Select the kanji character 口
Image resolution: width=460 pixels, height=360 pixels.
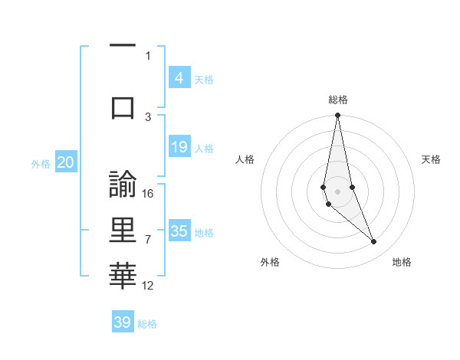point(123,107)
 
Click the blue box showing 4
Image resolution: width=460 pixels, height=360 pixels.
point(179,77)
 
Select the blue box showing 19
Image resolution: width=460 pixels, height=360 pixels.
point(179,147)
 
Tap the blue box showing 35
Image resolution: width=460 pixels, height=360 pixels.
point(179,231)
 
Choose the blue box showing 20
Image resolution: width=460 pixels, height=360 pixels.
point(66,162)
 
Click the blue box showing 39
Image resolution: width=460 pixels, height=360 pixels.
point(123,322)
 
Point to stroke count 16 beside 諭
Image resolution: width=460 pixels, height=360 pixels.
point(149,193)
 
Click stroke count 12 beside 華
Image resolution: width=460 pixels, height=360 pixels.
point(149,286)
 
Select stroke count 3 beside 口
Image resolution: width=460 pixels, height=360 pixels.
point(148,116)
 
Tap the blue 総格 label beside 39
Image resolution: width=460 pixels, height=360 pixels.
point(148,324)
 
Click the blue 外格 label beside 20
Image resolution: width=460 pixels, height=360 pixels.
point(41,164)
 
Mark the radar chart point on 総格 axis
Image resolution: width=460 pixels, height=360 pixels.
point(337,116)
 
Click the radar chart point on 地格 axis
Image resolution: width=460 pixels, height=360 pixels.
point(374,242)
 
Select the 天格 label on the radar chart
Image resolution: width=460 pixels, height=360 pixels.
point(432,159)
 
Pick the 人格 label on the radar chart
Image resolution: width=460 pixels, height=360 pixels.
point(245,159)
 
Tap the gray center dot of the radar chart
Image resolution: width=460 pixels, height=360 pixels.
point(337,190)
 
